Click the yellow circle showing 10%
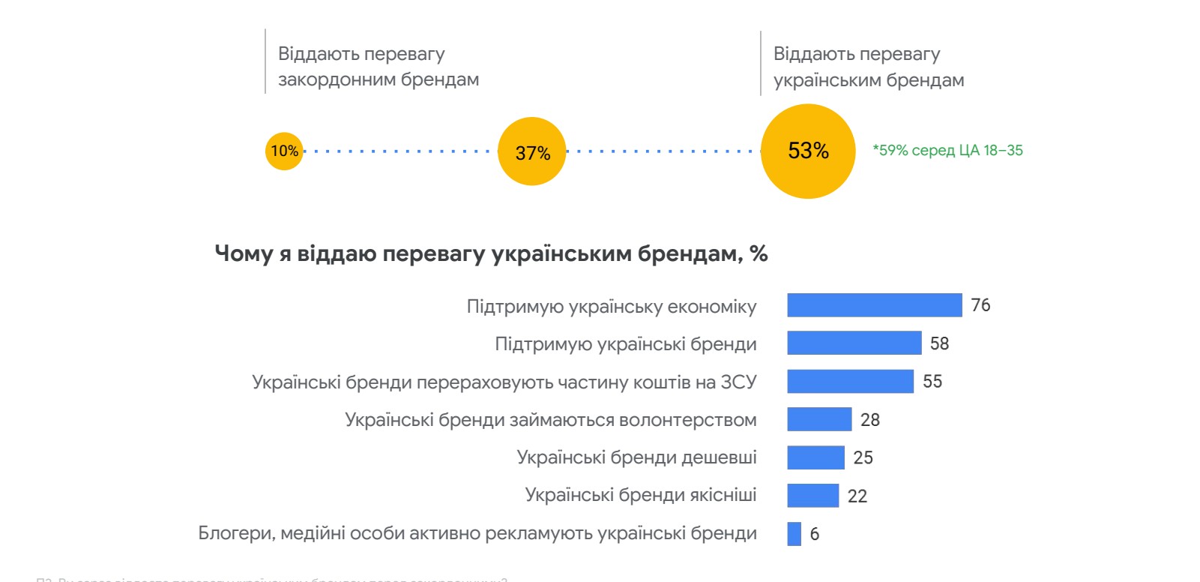point(284,151)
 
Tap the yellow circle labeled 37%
point(532,151)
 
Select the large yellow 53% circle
point(808,151)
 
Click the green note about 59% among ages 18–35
point(947,151)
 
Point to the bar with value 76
point(874,305)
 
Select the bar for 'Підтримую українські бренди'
point(854,343)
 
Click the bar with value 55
point(850,381)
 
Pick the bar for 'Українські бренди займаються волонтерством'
point(819,419)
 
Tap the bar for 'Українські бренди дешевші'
point(815,457)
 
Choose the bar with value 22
point(812,496)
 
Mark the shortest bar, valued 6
point(794,534)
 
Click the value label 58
point(939,343)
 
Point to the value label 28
point(869,420)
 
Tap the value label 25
point(863,457)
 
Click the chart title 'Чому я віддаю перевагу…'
point(491,253)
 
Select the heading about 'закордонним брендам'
point(378,67)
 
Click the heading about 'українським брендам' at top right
point(868,67)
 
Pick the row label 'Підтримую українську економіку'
point(611,307)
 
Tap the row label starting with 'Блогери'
point(477,533)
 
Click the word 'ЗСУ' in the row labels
point(738,382)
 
